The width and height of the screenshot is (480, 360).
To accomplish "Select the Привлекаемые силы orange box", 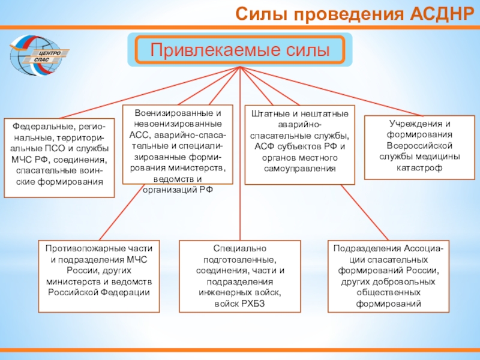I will [x=240, y=49].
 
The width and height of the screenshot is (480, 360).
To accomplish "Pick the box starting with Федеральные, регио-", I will [x=59, y=158].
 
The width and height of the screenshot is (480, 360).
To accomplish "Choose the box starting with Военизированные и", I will [x=178, y=144].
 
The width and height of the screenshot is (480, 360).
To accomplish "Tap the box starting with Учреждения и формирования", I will [x=419, y=146].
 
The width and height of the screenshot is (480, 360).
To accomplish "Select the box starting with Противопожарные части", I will [x=99, y=276].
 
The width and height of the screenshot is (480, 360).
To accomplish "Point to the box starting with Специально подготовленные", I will [x=240, y=276].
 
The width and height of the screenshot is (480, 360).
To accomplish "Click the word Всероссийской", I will [x=419, y=146].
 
